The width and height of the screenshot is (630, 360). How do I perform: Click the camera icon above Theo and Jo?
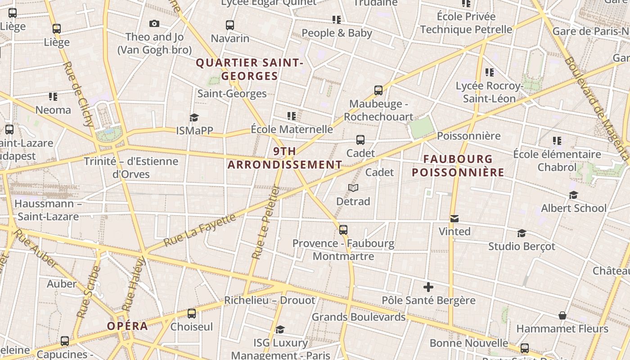tap(154, 24)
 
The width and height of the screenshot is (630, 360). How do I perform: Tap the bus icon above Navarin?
tap(230, 25)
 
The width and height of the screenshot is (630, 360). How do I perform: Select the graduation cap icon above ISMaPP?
tap(194, 117)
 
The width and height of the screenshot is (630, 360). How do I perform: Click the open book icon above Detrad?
tap(353, 188)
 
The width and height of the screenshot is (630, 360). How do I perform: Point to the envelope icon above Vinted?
tap(454, 219)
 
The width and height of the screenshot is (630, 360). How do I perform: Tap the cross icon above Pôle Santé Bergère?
tap(428, 287)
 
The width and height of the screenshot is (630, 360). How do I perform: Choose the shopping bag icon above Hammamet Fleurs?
tap(562, 315)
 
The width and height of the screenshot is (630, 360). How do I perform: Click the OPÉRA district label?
tap(127, 326)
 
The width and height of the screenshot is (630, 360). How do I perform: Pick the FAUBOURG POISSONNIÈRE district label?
tap(458, 166)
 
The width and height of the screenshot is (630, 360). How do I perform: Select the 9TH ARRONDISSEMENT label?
tap(285, 158)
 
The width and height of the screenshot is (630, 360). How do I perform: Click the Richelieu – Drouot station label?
tap(270, 300)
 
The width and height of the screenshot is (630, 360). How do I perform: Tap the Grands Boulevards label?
tap(359, 317)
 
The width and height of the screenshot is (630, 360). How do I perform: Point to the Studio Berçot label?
tap(522, 247)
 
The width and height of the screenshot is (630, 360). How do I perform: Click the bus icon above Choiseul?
tap(192, 314)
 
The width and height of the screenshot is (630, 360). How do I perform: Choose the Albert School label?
tap(574, 208)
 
